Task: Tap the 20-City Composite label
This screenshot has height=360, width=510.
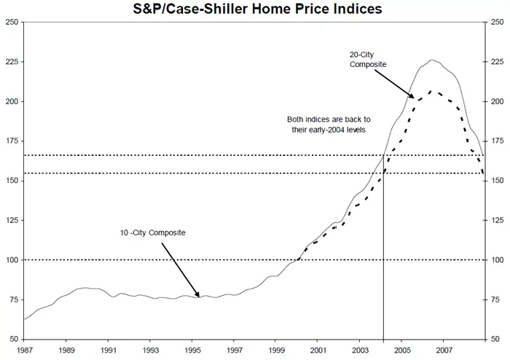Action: [x=367, y=60]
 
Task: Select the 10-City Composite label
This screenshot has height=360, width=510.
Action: [x=152, y=232]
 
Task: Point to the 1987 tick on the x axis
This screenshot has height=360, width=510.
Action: [x=24, y=349]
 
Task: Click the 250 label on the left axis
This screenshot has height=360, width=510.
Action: [x=12, y=22]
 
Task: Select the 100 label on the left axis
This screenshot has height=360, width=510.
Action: [x=12, y=260]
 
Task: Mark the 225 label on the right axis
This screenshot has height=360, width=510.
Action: [x=498, y=61]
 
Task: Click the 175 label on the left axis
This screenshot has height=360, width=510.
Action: [x=12, y=141]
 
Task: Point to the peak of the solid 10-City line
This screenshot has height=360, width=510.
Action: [x=431, y=60]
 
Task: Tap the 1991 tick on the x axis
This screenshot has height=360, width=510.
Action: [x=108, y=349]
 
